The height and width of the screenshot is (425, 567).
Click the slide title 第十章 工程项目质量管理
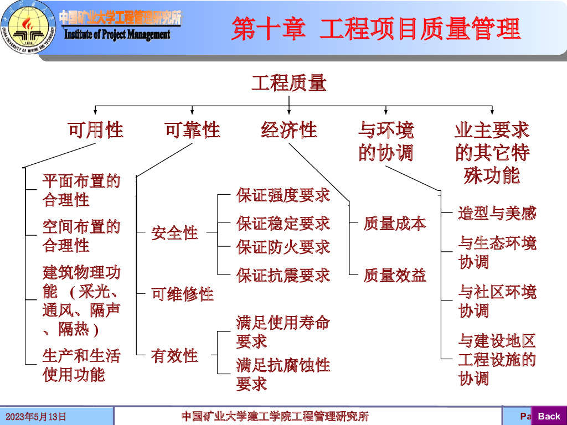click(376, 28)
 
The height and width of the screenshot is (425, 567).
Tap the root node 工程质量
click(288, 83)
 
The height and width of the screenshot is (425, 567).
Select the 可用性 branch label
click(95, 130)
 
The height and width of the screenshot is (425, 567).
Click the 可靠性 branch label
click(192, 130)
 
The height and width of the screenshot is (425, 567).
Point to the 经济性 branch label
click(288, 130)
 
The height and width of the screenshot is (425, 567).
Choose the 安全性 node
click(174, 233)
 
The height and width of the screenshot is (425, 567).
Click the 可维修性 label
click(183, 294)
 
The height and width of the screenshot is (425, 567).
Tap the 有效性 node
click(174, 355)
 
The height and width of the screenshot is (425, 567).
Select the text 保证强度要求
click(283, 195)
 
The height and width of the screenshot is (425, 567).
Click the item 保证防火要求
click(283, 247)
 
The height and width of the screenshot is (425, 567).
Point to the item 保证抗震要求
click(283, 275)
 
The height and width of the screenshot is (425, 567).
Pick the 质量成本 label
click(395, 224)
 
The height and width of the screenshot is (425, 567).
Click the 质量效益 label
click(395, 275)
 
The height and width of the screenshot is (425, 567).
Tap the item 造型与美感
click(497, 213)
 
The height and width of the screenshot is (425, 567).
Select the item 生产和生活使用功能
click(81, 365)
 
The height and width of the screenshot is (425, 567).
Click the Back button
click(549, 416)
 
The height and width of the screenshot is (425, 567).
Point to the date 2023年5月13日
click(36, 417)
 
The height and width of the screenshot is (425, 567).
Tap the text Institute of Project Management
click(117, 35)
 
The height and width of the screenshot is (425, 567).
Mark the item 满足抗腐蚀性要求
click(283, 374)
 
